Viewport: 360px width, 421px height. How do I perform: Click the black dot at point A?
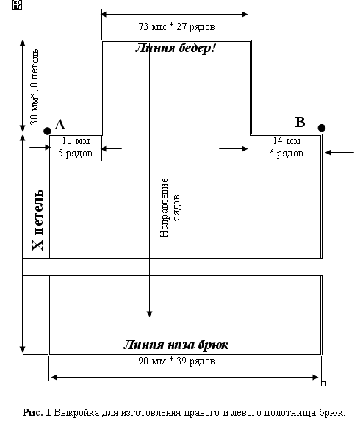coord(47,131)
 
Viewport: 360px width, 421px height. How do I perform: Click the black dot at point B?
coord(322,128)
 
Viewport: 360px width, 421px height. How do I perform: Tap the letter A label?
coord(60,125)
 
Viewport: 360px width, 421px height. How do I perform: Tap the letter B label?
coord(300,122)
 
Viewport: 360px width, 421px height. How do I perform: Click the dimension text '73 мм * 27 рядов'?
coord(176,27)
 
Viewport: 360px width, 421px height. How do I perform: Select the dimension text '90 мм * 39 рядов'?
coord(176,361)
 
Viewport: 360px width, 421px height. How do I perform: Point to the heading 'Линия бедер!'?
coord(176,48)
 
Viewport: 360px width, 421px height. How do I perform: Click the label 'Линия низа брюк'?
coord(176,345)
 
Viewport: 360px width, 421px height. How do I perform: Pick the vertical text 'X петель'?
coord(37,220)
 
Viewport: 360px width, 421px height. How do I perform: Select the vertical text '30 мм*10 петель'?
coord(35,87)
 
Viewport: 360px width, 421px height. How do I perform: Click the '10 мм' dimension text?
coord(76,140)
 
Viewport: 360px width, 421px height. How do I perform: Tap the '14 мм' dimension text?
coord(287,140)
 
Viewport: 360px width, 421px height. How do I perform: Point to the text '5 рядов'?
coord(76,154)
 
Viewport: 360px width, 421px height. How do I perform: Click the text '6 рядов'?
coord(287,154)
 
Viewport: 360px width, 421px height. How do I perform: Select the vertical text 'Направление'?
coord(164,207)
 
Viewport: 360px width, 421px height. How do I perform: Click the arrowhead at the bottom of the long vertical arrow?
coord(150,314)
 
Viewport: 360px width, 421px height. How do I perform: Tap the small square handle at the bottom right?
coord(324,384)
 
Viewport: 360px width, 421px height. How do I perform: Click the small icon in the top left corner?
coord(17,4)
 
